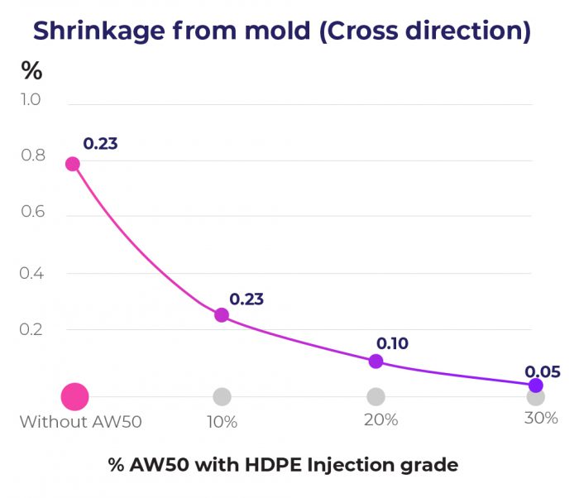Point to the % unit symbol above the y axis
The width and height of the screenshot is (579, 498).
(31, 71)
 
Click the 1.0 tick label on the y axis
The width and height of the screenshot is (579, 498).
(31, 100)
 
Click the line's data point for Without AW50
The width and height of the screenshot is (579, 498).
(73, 164)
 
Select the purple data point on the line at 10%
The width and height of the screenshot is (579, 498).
(222, 315)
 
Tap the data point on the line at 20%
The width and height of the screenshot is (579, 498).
(376, 362)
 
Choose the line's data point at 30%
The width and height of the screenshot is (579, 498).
(535, 385)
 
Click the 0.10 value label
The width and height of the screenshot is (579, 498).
(392, 343)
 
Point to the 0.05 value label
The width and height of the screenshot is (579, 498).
(543, 371)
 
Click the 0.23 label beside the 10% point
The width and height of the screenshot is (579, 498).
(246, 299)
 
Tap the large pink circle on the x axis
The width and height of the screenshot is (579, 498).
(74, 397)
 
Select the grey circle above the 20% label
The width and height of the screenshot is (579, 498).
(376, 397)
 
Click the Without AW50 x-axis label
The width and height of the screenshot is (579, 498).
(81, 422)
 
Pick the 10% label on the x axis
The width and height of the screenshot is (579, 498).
(222, 422)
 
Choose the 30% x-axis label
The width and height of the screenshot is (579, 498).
(541, 419)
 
